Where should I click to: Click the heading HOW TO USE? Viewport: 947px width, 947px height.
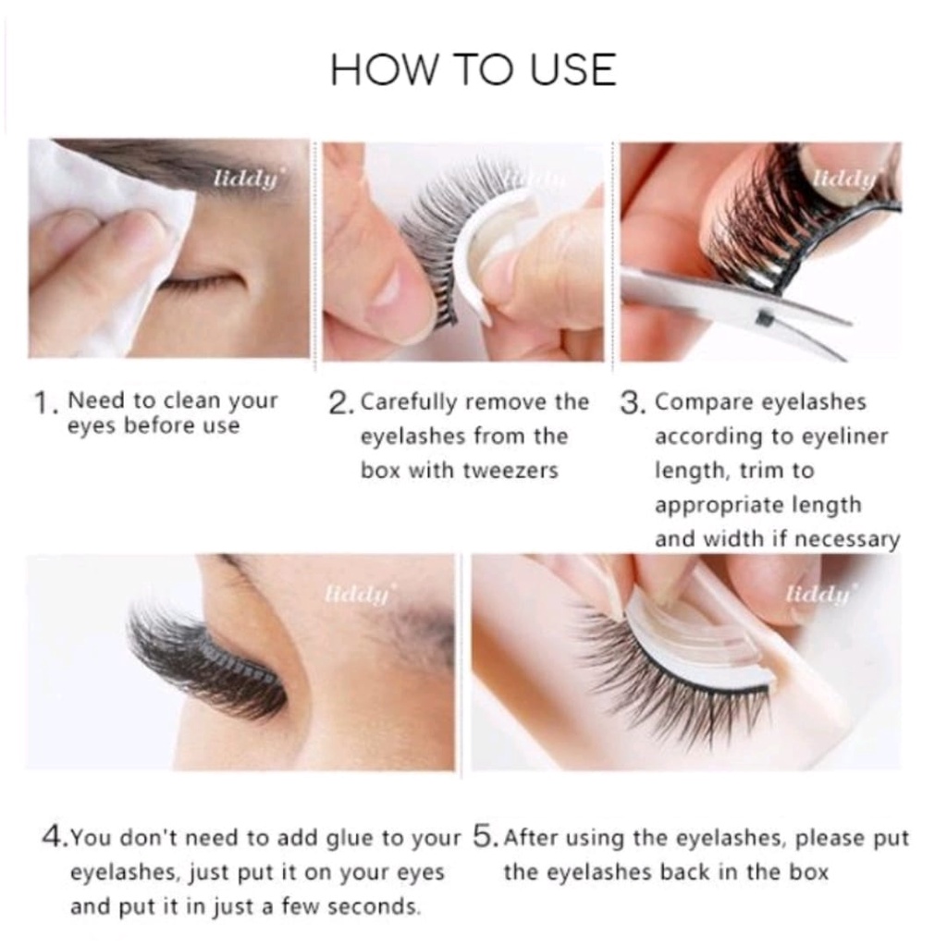tap(473, 68)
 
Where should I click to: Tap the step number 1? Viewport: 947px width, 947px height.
tap(43, 403)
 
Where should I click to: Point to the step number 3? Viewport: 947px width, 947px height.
tap(631, 403)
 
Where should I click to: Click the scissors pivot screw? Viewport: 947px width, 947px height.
tap(763, 316)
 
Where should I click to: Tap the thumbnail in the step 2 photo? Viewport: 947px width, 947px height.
tap(388, 287)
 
